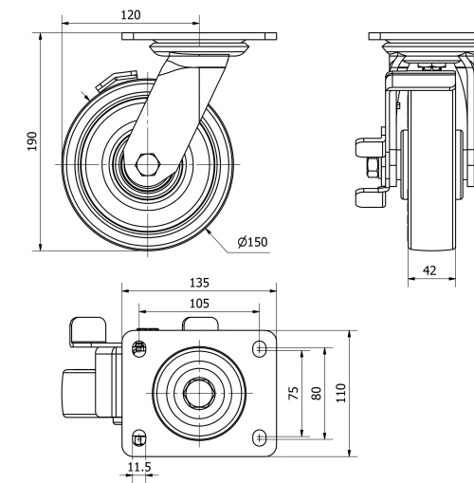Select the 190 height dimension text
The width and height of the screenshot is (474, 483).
pos(32,141)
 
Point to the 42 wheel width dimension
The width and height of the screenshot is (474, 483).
pos(429,270)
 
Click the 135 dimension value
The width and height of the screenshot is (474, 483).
pos(199,283)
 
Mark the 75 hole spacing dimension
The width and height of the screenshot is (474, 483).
pos(294,392)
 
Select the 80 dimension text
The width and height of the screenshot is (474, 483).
pos(317,392)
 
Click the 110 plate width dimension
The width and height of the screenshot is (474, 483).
pos(342,392)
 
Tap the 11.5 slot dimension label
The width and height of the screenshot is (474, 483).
pos(138,467)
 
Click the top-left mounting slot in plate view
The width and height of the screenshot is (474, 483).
pos(139,348)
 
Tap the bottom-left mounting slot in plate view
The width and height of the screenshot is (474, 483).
pos(139,437)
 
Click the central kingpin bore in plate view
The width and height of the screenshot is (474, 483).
pos(199,392)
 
